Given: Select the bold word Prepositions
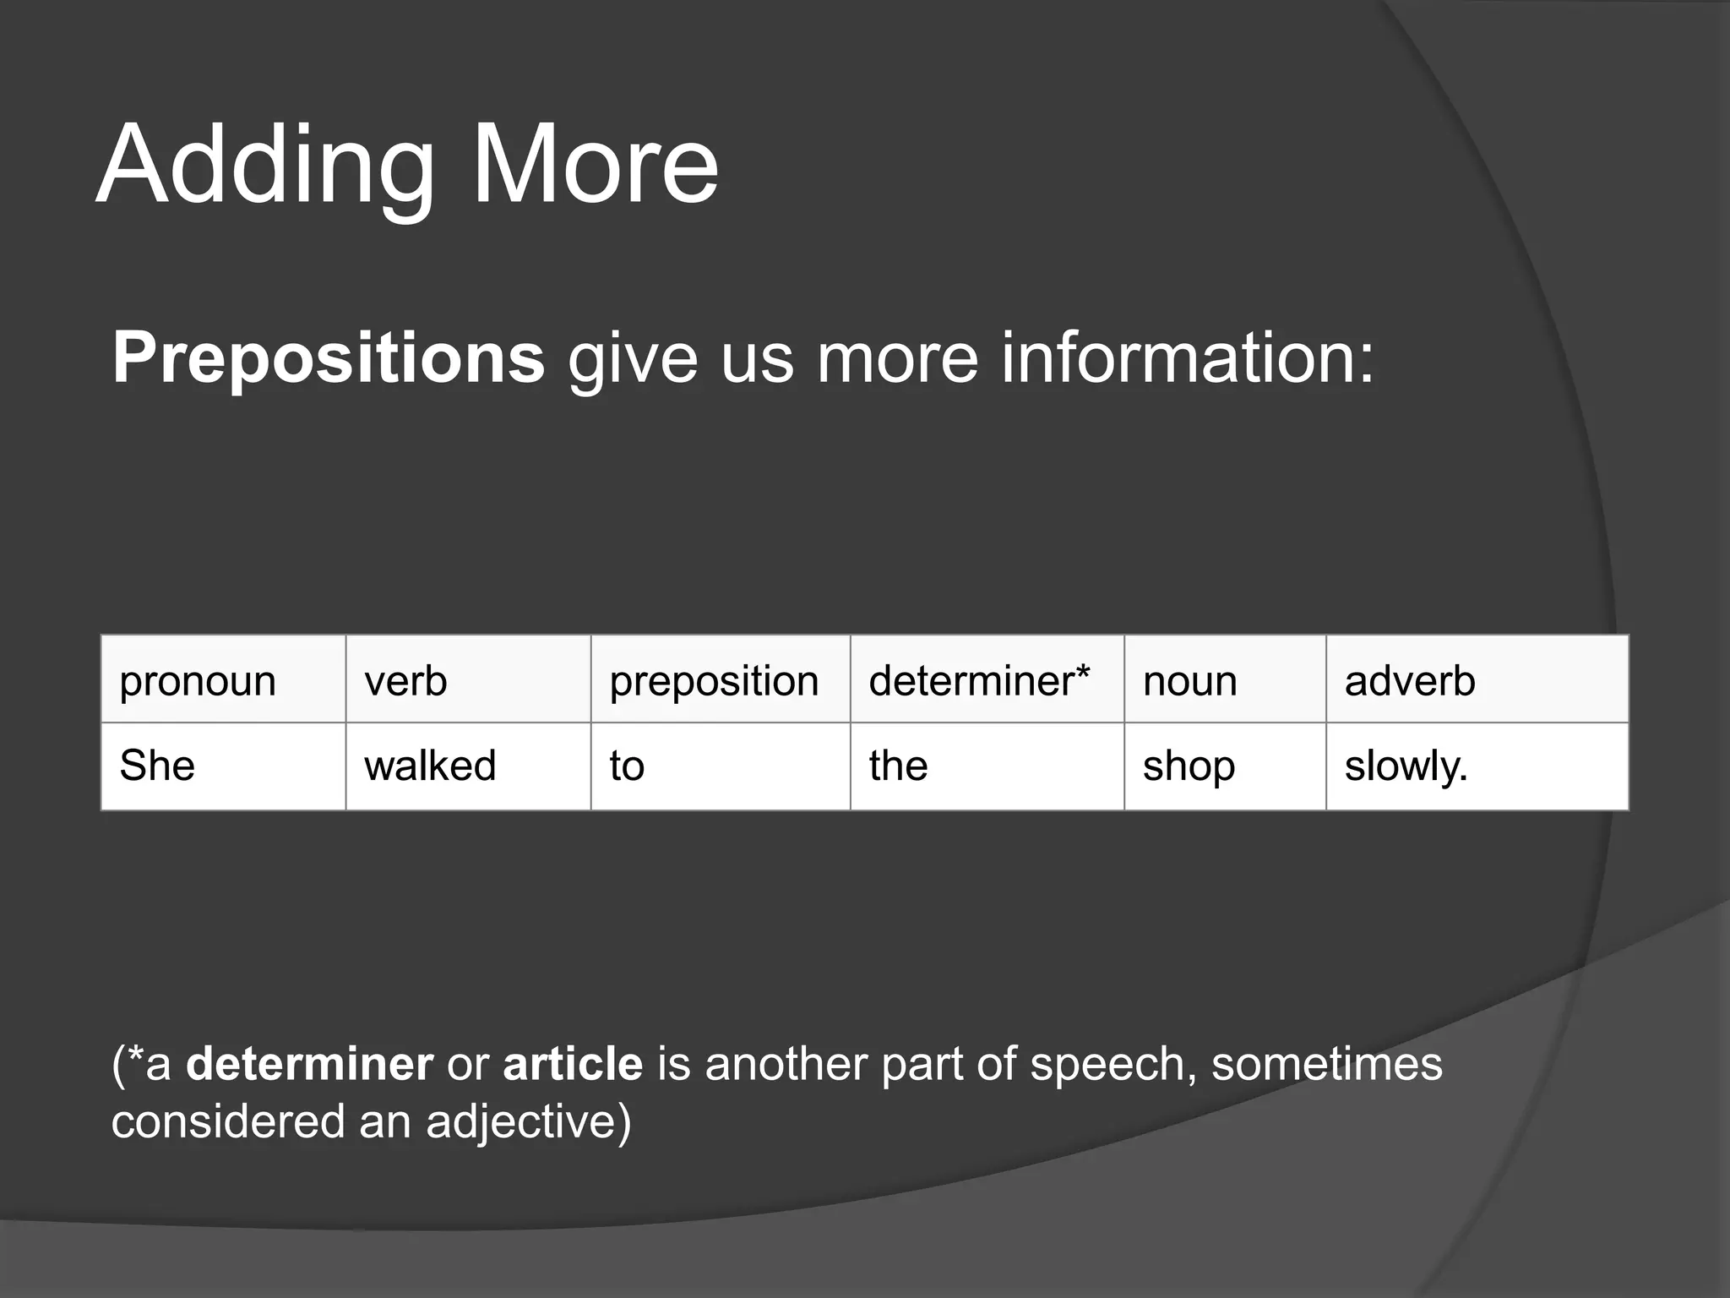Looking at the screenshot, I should tap(329, 358).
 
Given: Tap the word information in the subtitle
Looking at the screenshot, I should tap(1187, 358).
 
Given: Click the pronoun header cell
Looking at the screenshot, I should tap(223, 680).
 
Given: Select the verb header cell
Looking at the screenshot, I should tap(468, 680).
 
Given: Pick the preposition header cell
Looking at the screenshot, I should tap(720, 680).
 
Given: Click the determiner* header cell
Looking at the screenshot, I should tap(987, 680).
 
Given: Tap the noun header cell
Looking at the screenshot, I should tap(1224, 680).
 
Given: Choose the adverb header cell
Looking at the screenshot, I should tap(1477, 680).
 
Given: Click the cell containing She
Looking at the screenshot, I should tap(223, 766).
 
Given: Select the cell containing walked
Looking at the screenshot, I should tap(468, 766).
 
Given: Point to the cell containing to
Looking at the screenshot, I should tap(720, 766).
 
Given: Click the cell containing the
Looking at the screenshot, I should tap(987, 766).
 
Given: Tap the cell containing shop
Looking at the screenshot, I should tap(1224, 766).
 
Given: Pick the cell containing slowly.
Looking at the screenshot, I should tap(1477, 766).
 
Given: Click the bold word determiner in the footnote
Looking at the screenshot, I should tap(309, 1064).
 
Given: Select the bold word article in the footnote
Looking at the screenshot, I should tap(573, 1064).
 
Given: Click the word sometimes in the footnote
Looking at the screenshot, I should tap(1326, 1064).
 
